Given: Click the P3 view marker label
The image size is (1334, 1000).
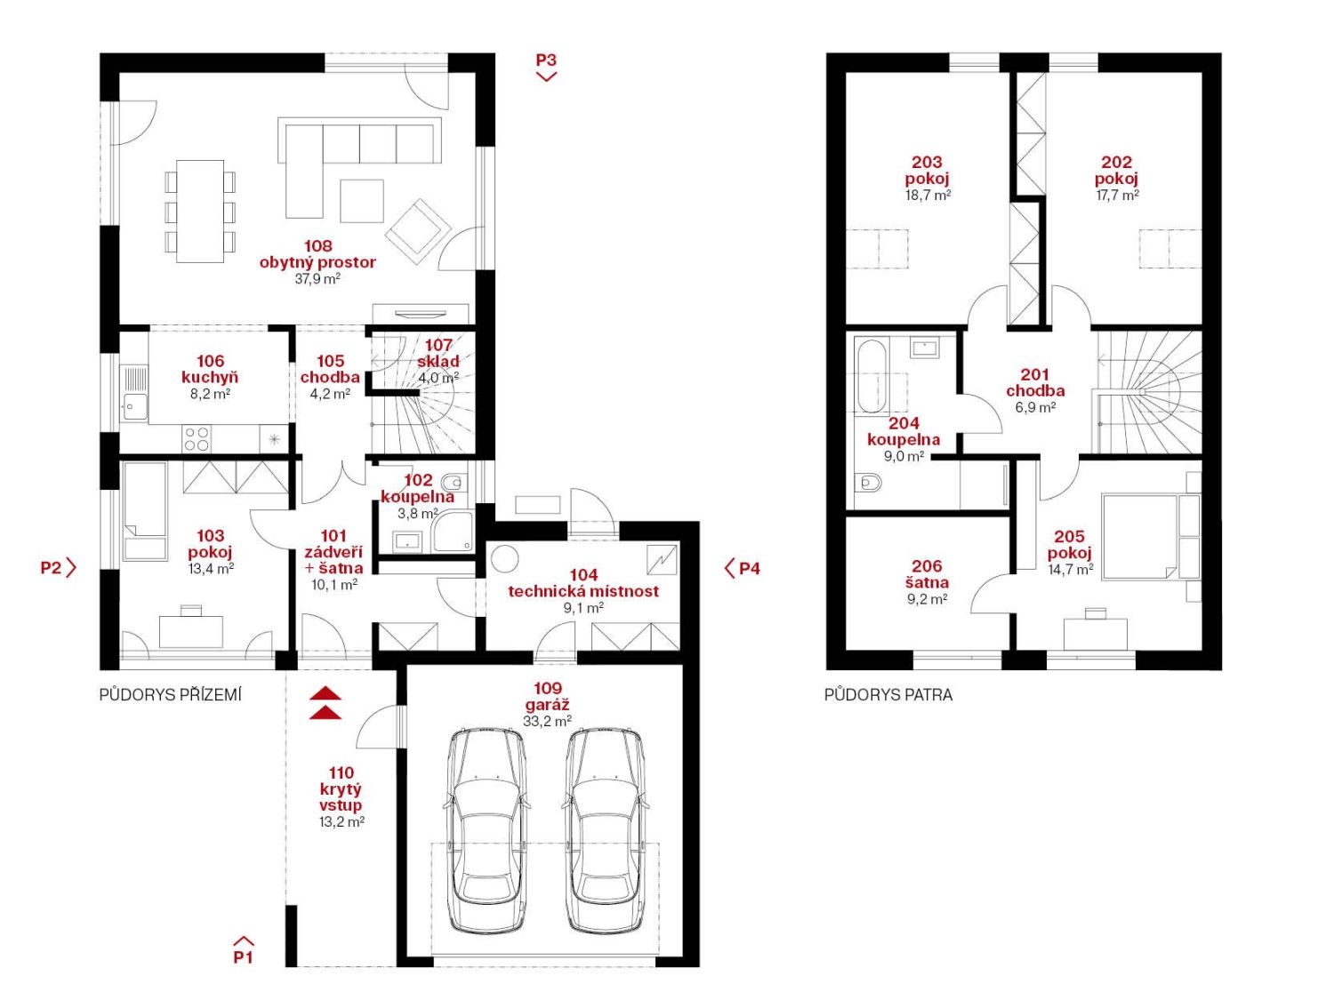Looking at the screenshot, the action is pyautogui.click(x=546, y=60).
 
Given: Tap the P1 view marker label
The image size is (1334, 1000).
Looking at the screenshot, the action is pyautogui.click(x=243, y=957).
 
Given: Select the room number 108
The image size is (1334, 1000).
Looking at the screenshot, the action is pyautogui.click(x=317, y=246).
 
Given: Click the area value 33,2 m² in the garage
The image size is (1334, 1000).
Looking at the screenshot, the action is pyautogui.click(x=547, y=721).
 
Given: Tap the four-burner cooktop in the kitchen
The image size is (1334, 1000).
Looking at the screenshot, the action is pyautogui.click(x=197, y=438).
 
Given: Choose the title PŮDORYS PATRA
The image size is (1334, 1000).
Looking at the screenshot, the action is pyautogui.click(x=888, y=695).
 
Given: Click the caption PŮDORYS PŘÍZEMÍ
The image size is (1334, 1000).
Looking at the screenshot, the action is pyautogui.click(x=170, y=695).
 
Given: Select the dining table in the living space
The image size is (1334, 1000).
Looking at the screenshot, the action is pyautogui.click(x=200, y=212).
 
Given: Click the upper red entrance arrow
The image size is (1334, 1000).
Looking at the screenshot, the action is pyautogui.click(x=325, y=693).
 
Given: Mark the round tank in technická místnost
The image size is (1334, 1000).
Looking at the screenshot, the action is pyautogui.click(x=504, y=558).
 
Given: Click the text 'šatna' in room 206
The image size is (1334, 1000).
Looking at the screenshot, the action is pyautogui.click(x=926, y=582).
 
